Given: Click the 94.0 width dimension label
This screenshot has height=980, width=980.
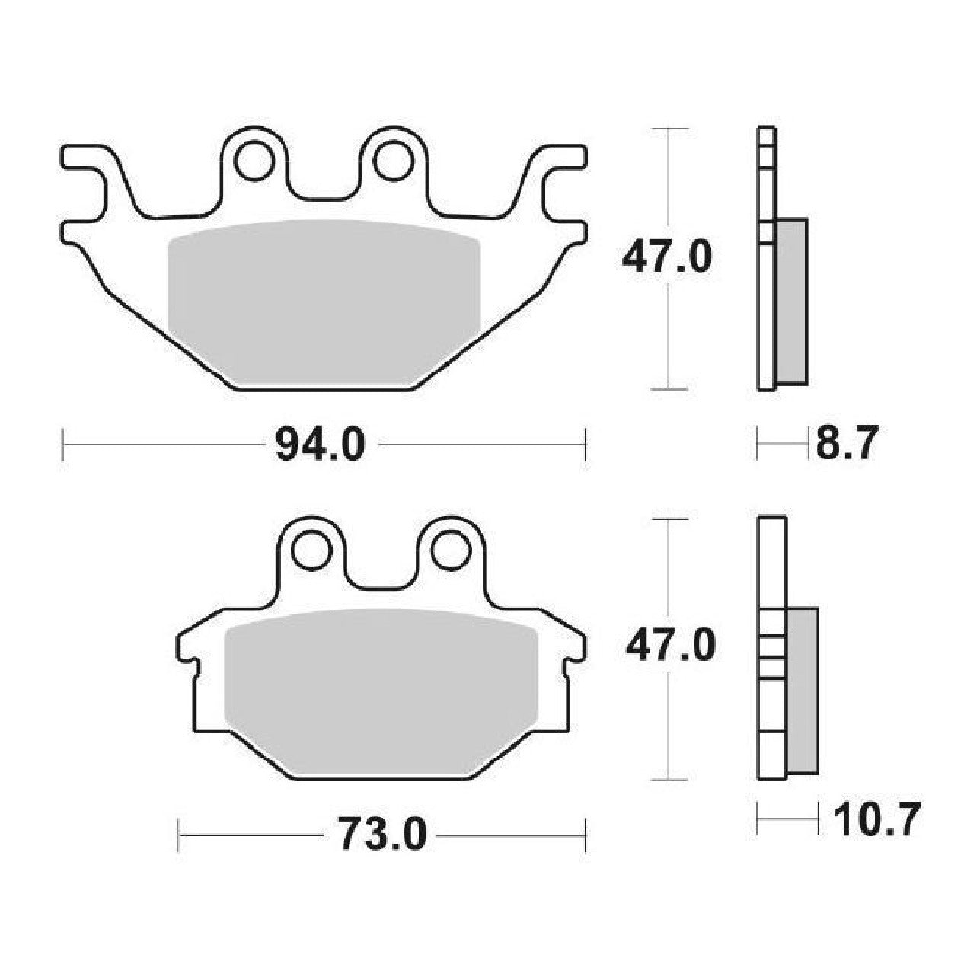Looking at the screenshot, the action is [x=321, y=444].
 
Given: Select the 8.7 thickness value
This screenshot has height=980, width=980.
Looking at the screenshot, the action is [x=848, y=443].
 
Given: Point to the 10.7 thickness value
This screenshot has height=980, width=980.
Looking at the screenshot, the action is [x=873, y=819].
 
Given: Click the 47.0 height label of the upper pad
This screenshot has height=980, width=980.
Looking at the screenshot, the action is [x=666, y=258].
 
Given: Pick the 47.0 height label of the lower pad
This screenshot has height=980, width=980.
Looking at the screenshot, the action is [x=670, y=646].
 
